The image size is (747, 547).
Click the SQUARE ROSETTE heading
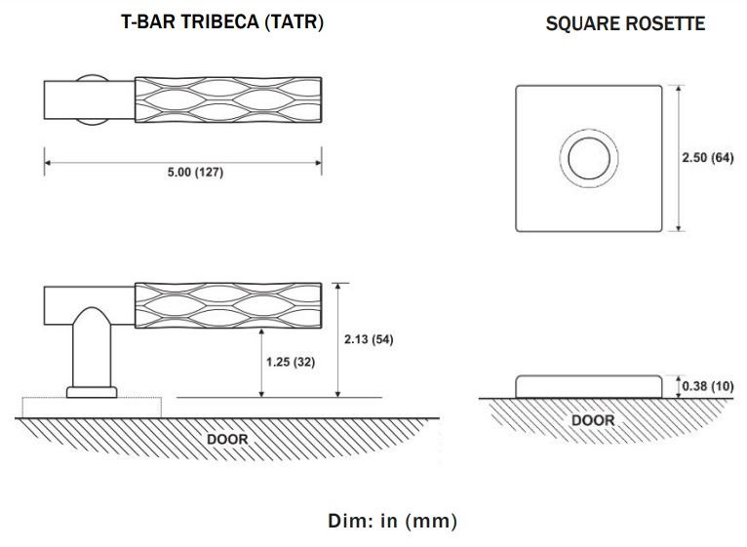[x=625, y=24]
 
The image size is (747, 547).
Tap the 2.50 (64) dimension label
[x=706, y=158]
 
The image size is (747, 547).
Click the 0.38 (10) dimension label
[x=707, y=386]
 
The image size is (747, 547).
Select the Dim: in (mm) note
[x=392, y=521]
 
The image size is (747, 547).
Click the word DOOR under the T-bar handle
[x=227, y=439]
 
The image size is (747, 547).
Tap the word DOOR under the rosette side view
[x=593, y=420]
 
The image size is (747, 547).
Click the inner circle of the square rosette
[x=588, y=158]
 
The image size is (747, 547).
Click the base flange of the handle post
[x=93, y=392]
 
